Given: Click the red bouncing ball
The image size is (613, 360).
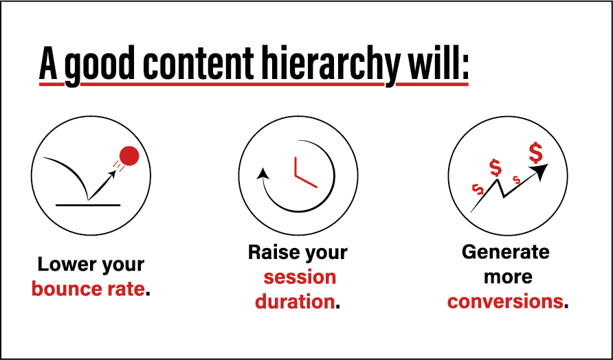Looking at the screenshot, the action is point(129,155).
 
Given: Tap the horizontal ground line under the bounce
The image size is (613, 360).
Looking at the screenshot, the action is point(88,205).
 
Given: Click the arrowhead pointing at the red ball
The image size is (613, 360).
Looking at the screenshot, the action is point(112,175).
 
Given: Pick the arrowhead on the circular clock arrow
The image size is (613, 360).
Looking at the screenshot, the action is point(263,172).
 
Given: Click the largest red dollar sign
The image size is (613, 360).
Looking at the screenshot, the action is point(535,153).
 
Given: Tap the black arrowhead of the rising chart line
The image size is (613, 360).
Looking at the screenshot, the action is point(540,172).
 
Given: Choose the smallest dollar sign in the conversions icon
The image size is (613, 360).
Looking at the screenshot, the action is point(517,180).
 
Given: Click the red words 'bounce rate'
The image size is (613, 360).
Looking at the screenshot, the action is point(88,290).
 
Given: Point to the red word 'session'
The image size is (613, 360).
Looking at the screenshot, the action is point(300,278).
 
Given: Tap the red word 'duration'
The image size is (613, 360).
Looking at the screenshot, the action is point(295,302).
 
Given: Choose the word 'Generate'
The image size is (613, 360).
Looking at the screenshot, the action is point(506,252).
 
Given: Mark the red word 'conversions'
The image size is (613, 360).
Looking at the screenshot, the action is point(506,302).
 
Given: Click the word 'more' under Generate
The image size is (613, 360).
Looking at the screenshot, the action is point(509,278).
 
